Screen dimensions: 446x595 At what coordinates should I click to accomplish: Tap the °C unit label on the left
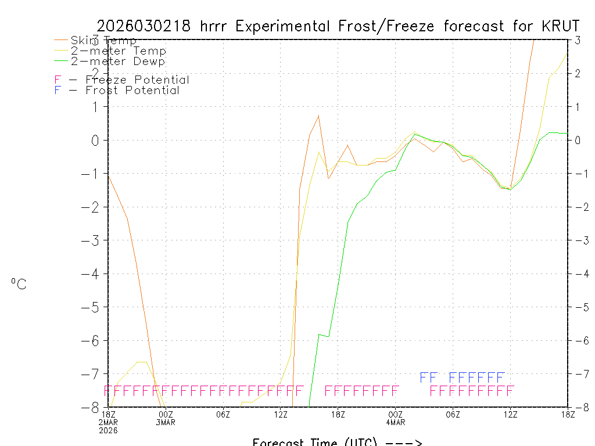pyautogui.click(x=19, y=284)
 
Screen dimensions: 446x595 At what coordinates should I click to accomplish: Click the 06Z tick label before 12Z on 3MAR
pyautogui.click(x=223, y=414)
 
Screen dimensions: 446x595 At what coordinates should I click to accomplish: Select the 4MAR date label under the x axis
pyautogui.click(x=396, y=422)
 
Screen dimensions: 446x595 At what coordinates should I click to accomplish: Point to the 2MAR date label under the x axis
pyautogui.click(x=109, y=422)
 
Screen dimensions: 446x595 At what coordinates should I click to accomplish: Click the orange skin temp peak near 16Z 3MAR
pyautogui.click(x=318, y=116)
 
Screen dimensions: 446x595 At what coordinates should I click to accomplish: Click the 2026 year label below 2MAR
pyautogui.click(x=109, y=430)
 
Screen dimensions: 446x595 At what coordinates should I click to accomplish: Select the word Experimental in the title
pyautogui.click(x=285, y=26)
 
